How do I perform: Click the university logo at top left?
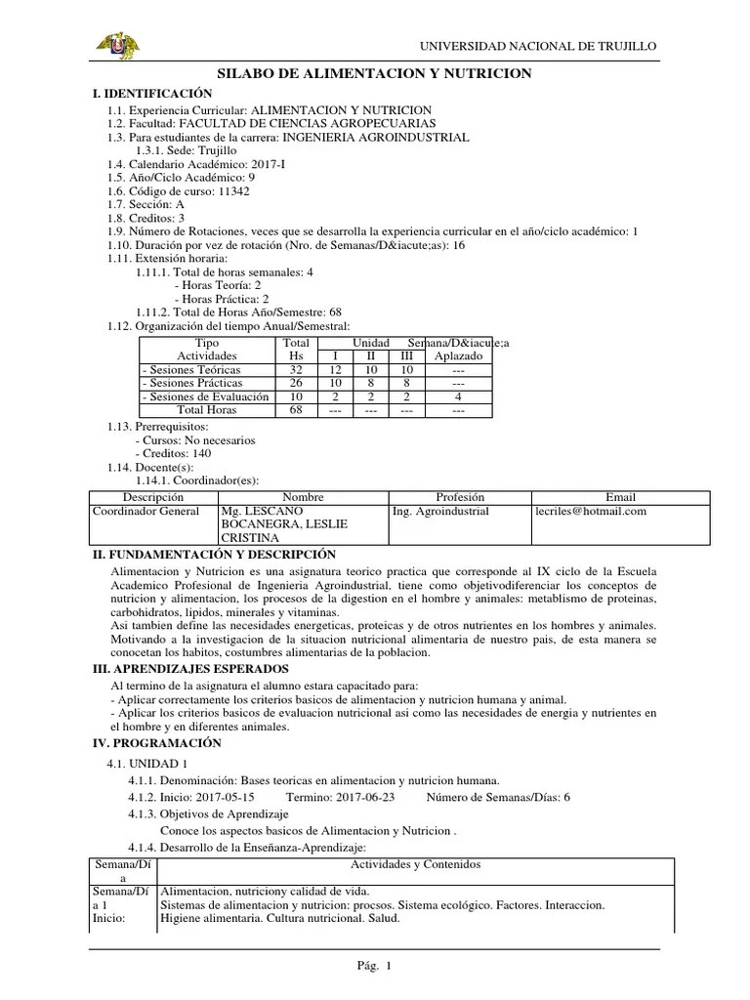tap(116, 45)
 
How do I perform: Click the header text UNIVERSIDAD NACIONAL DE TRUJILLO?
tap(538, 46)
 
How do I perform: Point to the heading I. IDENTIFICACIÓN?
tap(151, 92)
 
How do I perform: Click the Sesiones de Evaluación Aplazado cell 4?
tap(458, 397)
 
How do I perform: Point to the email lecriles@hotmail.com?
tap(591, 511)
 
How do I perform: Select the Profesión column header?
tap(459, 497)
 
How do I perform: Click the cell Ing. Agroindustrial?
tap(439, 511)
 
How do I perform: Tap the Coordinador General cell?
tap(146, 511)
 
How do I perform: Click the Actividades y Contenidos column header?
tap(415, 864)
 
